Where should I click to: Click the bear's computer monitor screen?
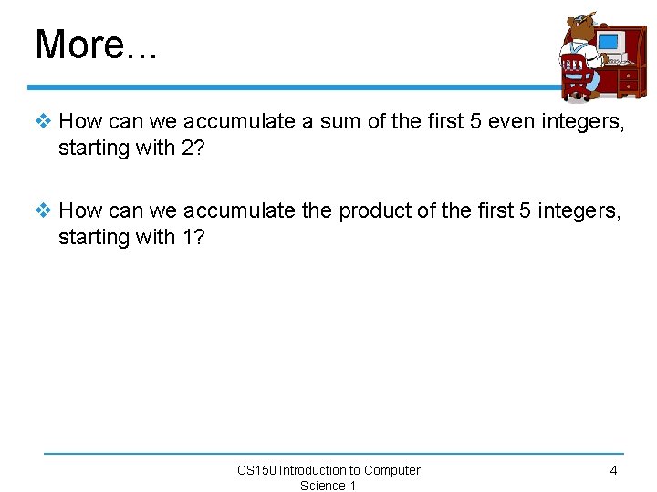click(608, 42)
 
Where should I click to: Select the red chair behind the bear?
click(575, 73)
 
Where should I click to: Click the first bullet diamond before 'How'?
click(44, 121)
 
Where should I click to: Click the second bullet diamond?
click(44, 210)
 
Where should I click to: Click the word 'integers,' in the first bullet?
click(584, 122)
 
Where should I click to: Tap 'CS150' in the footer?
click(256, 470)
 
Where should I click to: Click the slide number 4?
click(613, 470)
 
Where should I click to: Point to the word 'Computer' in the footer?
click(392, 470)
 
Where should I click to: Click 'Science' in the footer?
click(321, 486)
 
